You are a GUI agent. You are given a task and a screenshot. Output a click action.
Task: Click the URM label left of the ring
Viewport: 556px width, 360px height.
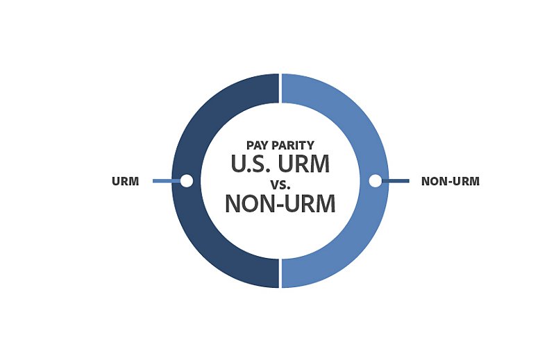pos(125,181)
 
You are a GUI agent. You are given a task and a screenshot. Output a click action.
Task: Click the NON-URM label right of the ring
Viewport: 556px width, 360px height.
pos(450,181)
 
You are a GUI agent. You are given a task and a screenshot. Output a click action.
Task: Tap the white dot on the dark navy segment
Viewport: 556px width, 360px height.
pos(187,181)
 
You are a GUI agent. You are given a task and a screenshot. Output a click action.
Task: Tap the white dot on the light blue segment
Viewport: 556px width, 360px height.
pos(375,181)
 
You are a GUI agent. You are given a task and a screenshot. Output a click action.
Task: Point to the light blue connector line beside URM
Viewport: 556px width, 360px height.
pos(167,181)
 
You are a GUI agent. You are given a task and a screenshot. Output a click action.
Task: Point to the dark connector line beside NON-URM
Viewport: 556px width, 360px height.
pos(396,181)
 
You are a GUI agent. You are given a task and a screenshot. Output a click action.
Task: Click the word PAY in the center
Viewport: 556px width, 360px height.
pos(258,145)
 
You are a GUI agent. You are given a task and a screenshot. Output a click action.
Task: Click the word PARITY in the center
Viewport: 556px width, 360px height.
pos(293,145)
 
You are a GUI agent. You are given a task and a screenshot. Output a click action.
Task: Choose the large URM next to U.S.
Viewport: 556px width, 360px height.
pos(304,164)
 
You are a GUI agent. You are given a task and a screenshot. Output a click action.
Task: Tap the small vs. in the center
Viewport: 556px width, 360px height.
pos(280,185)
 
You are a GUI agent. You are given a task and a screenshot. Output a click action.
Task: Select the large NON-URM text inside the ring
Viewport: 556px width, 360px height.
pos(280,203)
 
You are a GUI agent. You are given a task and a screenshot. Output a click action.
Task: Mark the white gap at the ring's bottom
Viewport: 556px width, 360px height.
pos(280,273)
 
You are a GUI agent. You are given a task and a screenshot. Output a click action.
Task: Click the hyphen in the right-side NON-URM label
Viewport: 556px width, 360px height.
pos(446,182)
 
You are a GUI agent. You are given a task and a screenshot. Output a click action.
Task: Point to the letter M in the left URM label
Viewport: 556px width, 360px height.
pos(133,181)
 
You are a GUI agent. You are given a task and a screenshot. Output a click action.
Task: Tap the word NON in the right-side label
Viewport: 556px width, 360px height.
pos(432,181)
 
